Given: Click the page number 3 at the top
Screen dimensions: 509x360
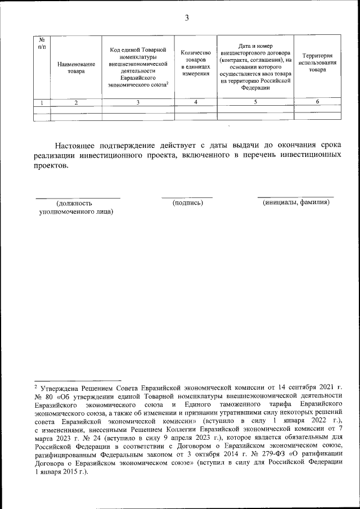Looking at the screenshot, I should [x=186, y=19].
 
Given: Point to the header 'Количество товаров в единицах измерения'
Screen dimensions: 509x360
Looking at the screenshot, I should [x=196, y=62].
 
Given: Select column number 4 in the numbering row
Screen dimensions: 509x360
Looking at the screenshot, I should [x=196, y=102].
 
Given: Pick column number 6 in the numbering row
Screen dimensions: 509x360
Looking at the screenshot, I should [x=317, y=102].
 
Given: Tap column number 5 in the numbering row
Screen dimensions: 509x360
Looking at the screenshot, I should [x=255, y=102].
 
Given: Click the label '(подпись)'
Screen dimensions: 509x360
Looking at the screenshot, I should [x=187, y=202].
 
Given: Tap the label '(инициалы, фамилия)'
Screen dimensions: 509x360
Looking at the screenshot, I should [x=296, y=202].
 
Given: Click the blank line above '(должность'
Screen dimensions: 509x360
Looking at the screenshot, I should [x=78, y=197].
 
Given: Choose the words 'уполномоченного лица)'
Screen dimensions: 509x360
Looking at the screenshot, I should [x=76, y=212].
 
